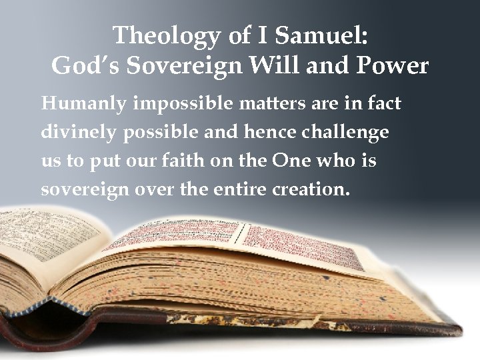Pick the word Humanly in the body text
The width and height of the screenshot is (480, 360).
point(76,105)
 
